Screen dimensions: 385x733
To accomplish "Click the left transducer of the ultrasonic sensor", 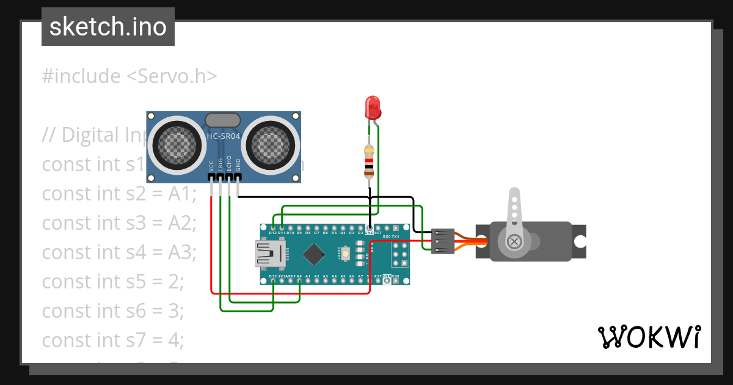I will click(175, 145).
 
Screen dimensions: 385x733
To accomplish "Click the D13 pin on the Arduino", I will click(272, 280).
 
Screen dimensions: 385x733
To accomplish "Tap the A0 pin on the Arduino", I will click(299, 280).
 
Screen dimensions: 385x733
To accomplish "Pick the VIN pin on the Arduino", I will click(396, 280).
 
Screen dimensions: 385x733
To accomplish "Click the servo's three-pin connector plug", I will click(442, 241).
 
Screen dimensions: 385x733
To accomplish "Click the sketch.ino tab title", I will click(108, 27).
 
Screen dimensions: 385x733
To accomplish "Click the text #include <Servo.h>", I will click(129, 76).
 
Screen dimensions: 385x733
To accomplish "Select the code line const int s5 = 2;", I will click(113, 281).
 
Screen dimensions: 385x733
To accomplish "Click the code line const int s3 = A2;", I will click(119, 222).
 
